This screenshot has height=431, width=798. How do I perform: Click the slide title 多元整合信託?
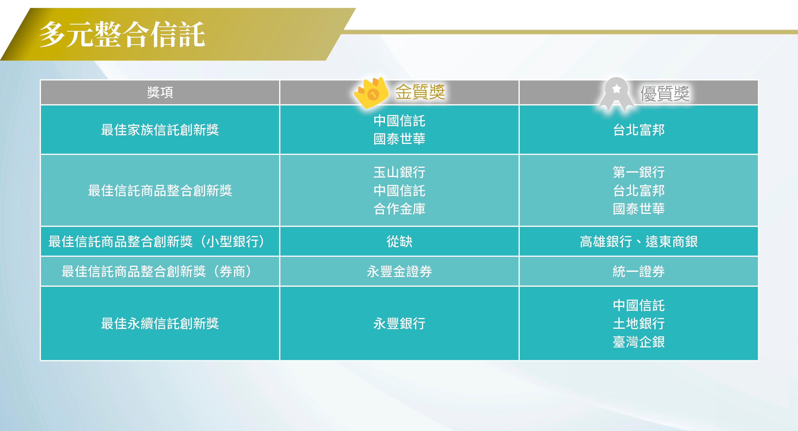(122, 34)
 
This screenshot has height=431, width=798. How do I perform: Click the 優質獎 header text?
(665, 93)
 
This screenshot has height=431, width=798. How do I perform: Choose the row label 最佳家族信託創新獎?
(160, 130)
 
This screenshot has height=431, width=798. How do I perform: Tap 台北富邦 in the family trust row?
(639, 130)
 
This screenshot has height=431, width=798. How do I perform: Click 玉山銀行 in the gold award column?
(399, 172)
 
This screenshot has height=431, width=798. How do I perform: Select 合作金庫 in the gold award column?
(399, 209)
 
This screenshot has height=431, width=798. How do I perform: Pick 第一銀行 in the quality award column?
(639, 172)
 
